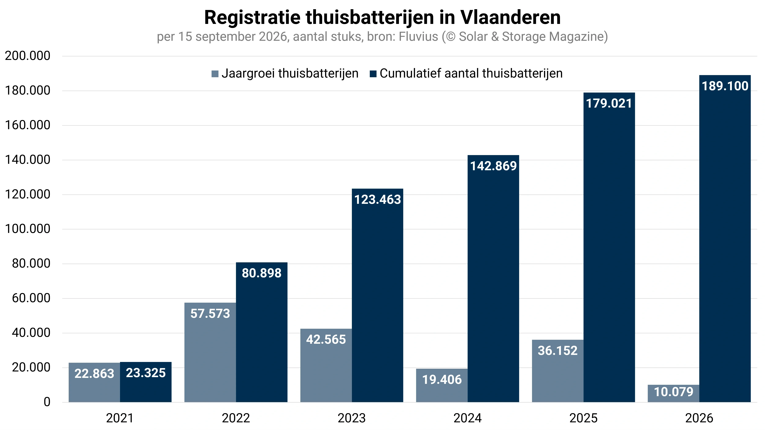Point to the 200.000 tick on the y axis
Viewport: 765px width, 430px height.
pos(28,56)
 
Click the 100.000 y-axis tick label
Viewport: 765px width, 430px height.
pos(28,229)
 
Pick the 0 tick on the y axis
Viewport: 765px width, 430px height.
pos(47,402)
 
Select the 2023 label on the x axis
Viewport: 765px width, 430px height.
pos(352,418)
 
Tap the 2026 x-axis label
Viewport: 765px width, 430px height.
pos(699,418)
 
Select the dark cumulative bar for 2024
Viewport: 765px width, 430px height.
pos(493,279)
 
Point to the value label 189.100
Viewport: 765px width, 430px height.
pos(725,86)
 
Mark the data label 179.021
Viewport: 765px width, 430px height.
pos(609,104)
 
